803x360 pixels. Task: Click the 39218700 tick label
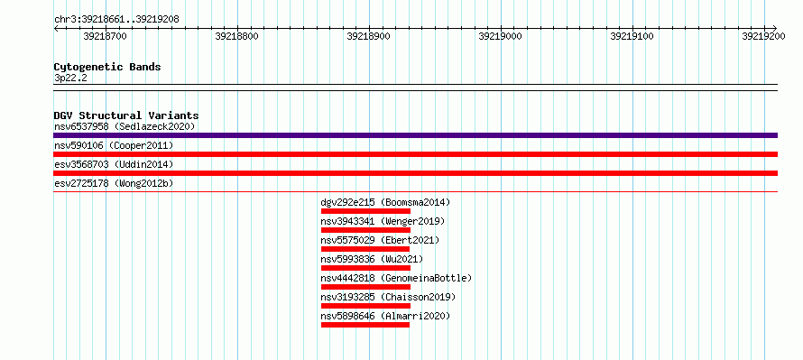[x=105, y=36]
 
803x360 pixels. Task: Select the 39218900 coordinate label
[x=369, y=36]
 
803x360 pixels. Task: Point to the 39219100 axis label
[x=632, y=36]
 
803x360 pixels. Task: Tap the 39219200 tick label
[x=763, y=36]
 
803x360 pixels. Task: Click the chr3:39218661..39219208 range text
[x=116, y=20]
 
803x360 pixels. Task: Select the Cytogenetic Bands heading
[x=107, y=67]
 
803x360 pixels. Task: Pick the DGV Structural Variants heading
[x=126, y=115]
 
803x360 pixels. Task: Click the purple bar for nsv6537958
[x=415, y=135]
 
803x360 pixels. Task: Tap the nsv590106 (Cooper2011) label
[x=114, y=146]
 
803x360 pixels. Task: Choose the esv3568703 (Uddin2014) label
[x=114, y=164]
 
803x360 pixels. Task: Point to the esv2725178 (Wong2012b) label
[x=114, y=183]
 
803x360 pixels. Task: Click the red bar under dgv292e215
[x=365, y=211]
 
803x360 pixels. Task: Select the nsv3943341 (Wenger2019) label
[x=383, y=221]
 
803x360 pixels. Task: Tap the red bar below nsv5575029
[x=365, y=249]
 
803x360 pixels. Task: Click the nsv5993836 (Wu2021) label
[x=373, y=259]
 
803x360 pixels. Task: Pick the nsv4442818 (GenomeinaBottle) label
[x=396, y=278]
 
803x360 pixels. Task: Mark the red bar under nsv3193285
[x=365, y=306]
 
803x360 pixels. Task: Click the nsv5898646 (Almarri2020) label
[x=385, y=316]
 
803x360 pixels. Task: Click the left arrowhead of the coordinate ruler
[x=56, y=28]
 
